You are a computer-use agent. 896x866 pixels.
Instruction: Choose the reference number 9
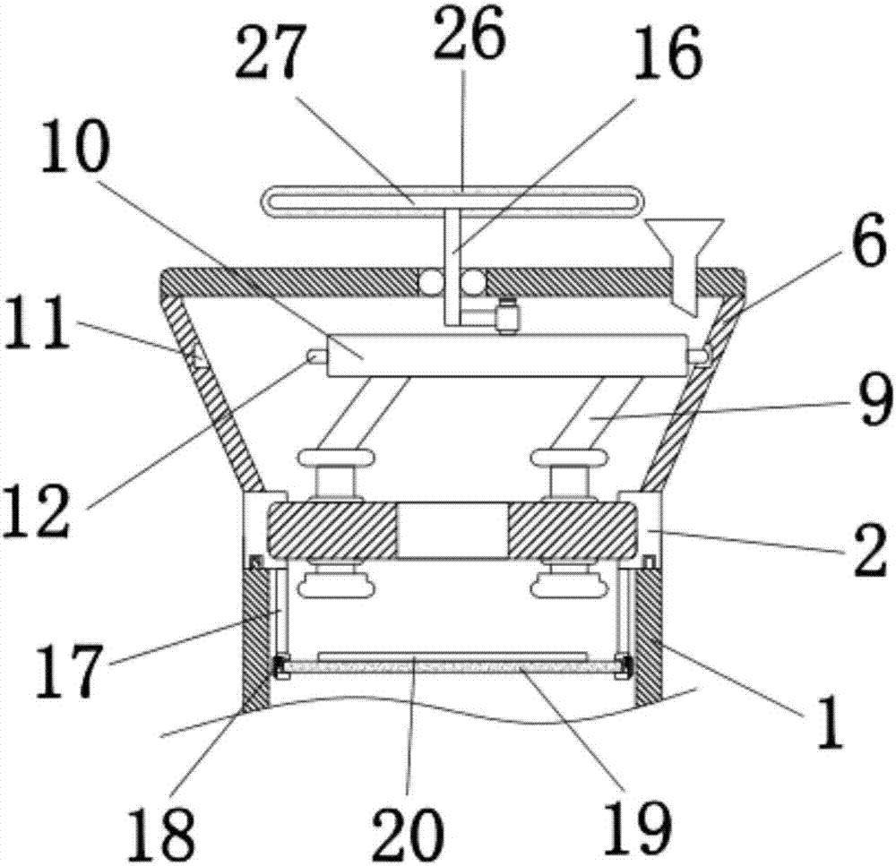tap(865, 391)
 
